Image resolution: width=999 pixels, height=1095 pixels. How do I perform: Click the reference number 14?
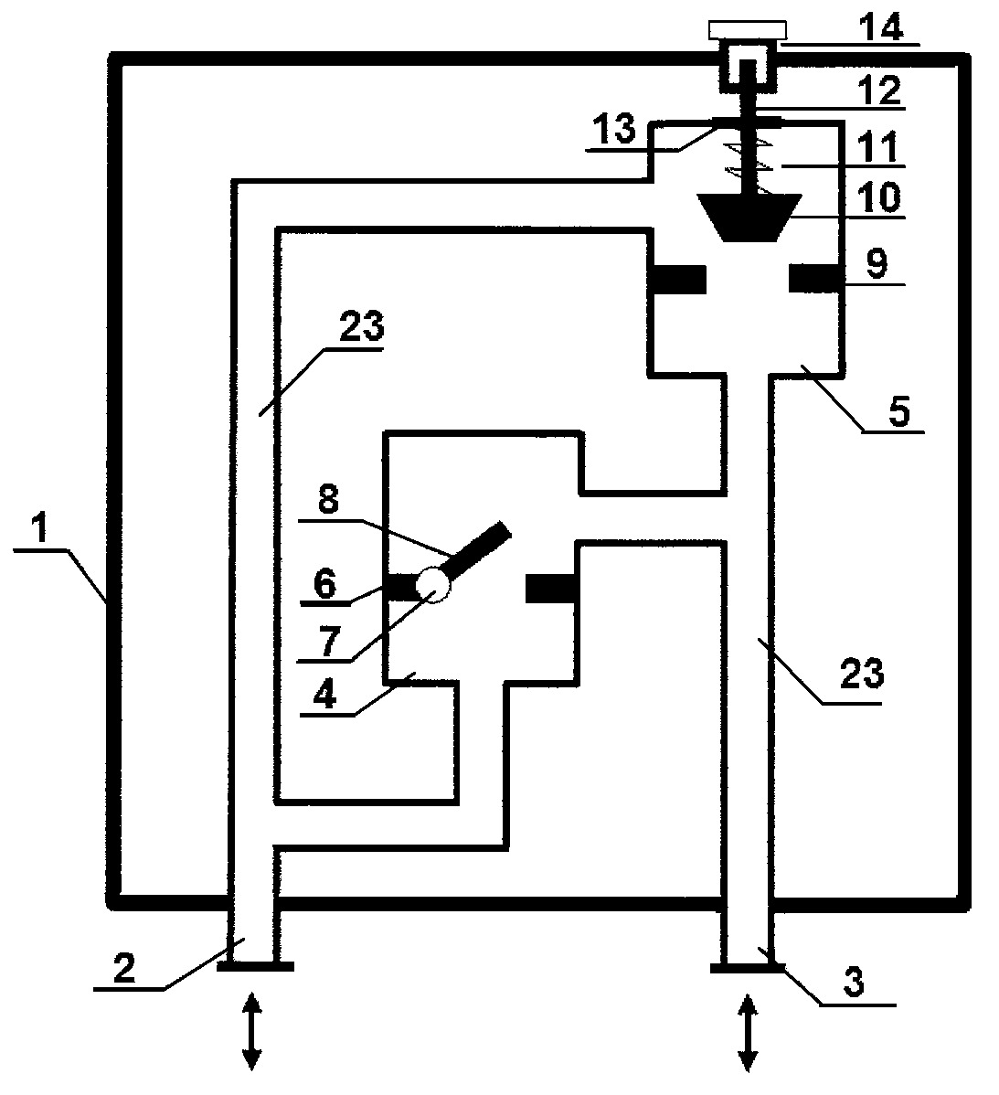click(880, 27)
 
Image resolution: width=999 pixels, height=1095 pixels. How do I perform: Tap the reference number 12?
click(880, 90)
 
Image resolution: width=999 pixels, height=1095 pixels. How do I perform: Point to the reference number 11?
click(877, 148)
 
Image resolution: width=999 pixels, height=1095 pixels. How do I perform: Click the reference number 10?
click(879, 197)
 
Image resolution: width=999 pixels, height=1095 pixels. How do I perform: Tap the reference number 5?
click(899, 411)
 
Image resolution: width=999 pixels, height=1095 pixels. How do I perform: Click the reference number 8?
click(328, 500)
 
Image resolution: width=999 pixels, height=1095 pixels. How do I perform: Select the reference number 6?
click(325, 584)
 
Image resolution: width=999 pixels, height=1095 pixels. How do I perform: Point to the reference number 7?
click(330, 642)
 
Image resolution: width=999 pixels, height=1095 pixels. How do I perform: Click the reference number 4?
click(325, 696)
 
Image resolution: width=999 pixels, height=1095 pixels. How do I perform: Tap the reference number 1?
click(41, 528)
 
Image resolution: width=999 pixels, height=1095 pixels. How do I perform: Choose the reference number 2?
click(124, 969)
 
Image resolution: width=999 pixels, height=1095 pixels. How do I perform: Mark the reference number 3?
click(853, 982)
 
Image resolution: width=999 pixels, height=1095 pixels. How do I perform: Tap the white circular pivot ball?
click(433, 584)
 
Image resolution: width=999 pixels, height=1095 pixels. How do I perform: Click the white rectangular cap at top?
click(747, 30)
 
